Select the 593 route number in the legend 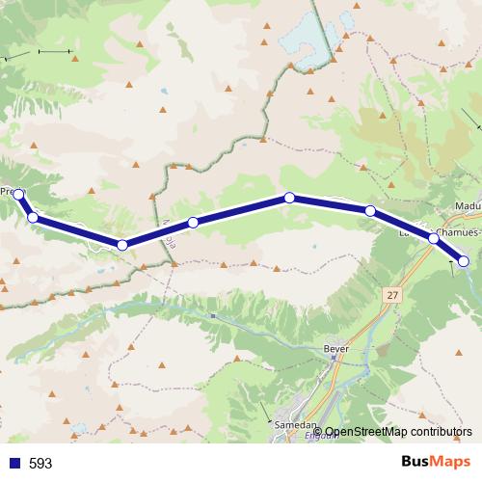tap(40, 463)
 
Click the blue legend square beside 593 tap(14, 463)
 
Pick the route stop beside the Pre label tap(18, 195)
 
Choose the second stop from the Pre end tap(33, 218)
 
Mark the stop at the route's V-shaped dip tap(121, 245)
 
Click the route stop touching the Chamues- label tap(433, 235)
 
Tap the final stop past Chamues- tap(464, 260)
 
